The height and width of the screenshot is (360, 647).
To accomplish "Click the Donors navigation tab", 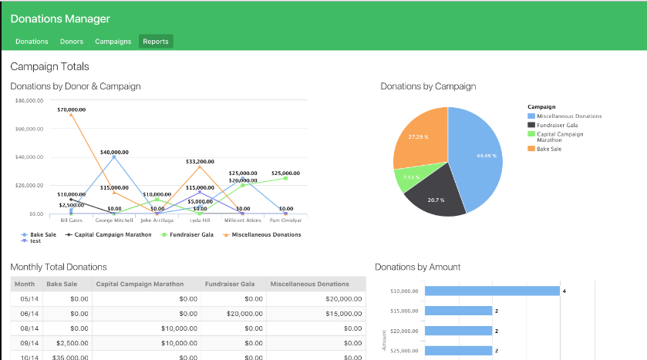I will pyautogui.click(x=72, y=42).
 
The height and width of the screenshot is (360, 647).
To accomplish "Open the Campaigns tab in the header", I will pyautogui.click(x=113, y=42).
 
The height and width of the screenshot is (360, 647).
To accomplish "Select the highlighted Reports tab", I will pyautogui.click(x=156, y=42).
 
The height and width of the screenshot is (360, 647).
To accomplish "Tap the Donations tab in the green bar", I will pyautogui.click(x=32, y=42).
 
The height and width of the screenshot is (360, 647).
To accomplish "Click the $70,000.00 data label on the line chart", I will pyautogui.click(x=71, y=109).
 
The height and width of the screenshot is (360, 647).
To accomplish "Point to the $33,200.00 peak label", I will pyautogui.click(x=200, y=162).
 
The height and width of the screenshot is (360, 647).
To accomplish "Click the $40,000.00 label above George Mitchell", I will pyautogui.click(x=114, y=152).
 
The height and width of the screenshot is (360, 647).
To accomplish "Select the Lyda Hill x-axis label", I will pyautogui.click(x=200, y=220).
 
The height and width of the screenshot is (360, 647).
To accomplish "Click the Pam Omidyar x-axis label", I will pyautogui.click(x=285, y=220).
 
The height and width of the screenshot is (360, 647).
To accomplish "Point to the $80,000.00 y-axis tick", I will pyautogui.click(x=29, y=100).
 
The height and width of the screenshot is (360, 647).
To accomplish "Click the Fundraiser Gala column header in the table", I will pyautogui.click(x=231, y=284).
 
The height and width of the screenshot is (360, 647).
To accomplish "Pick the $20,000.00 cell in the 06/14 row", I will pyautogui.click(x=243, y=314).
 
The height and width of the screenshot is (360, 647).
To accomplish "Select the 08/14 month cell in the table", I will pyautogui.click(x=29, y=328).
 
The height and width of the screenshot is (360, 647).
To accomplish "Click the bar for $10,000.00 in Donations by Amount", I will pyautogui.click(x=492, y=291).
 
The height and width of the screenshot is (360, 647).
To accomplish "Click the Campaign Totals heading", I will pyautogui.click(x=49, y=67).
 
